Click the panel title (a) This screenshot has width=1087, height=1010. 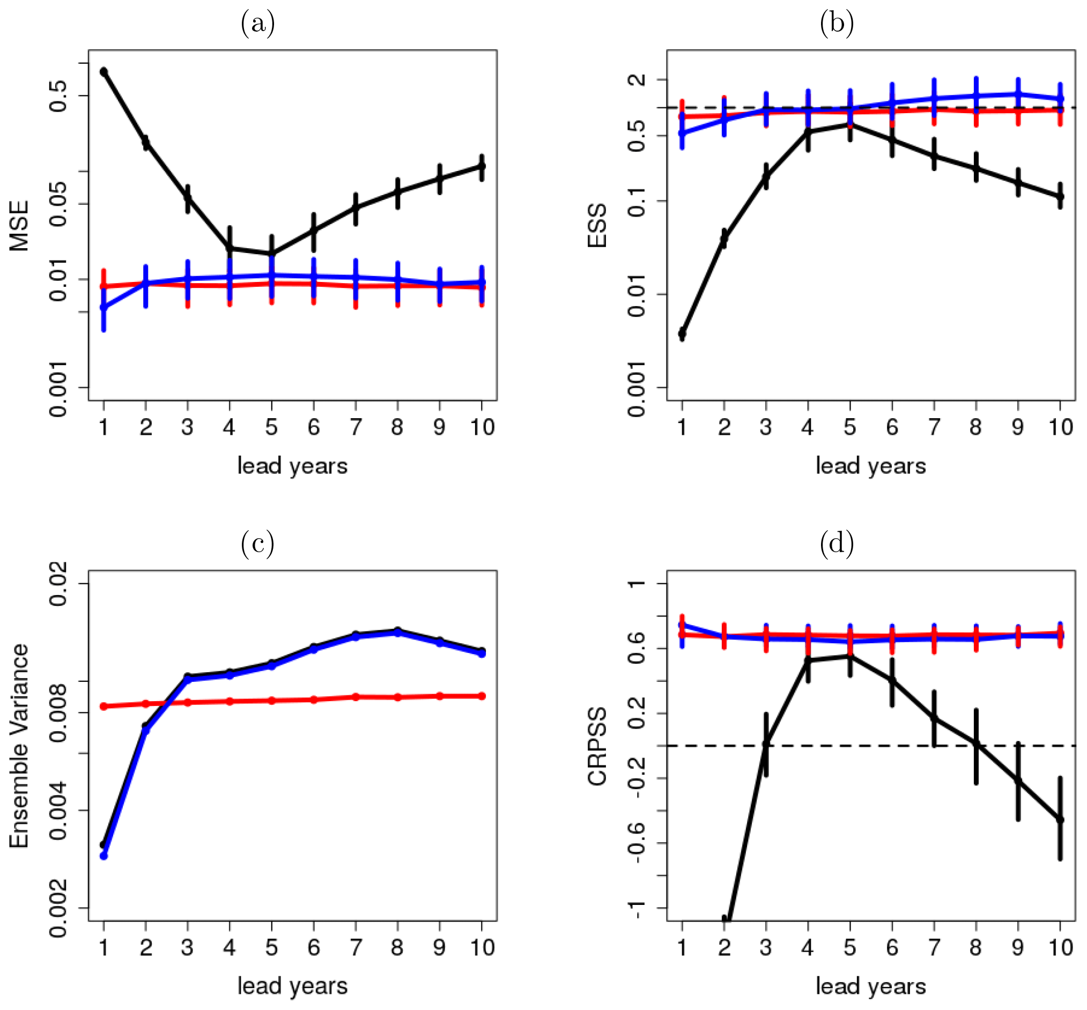pyautogui.click(x=257, y=24)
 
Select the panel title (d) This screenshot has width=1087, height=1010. pyautogui.click(x=837, y=543)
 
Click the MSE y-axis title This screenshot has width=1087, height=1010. pyautogui.click(x=20, y=226)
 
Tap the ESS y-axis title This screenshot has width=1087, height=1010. pyautogui.click(x=597, y=226)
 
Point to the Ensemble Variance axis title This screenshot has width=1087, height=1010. pyautogui.click(x=20, y=746)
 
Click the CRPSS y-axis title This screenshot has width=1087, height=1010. pyautogui.click(x=597, y=747)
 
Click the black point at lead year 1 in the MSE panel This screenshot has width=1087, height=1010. pyautogui.click(x=104, y=72)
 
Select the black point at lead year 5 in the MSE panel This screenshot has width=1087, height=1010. pyautogui.click(x=272, y=254)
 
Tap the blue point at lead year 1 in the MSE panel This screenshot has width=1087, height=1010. pyautogui.click(x=104, y=308)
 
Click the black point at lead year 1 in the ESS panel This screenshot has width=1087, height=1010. pyautogui.click(x=682, y=333)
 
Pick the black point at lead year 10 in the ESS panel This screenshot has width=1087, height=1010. pyautogui.click(x=1060, y=196)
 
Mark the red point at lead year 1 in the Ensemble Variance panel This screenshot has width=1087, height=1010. pyautogui.click(x=104, y=706)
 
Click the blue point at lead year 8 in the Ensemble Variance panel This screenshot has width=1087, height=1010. pyautogui.click(x=397, y=633)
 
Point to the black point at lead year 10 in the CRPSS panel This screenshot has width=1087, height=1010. pyautogui.click(x=1060, y=820)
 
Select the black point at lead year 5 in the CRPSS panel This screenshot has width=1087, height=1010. pyautogui.click(x=849, y=656)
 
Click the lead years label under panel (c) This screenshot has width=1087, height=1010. pyautogui.click(x=292, y=986)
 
